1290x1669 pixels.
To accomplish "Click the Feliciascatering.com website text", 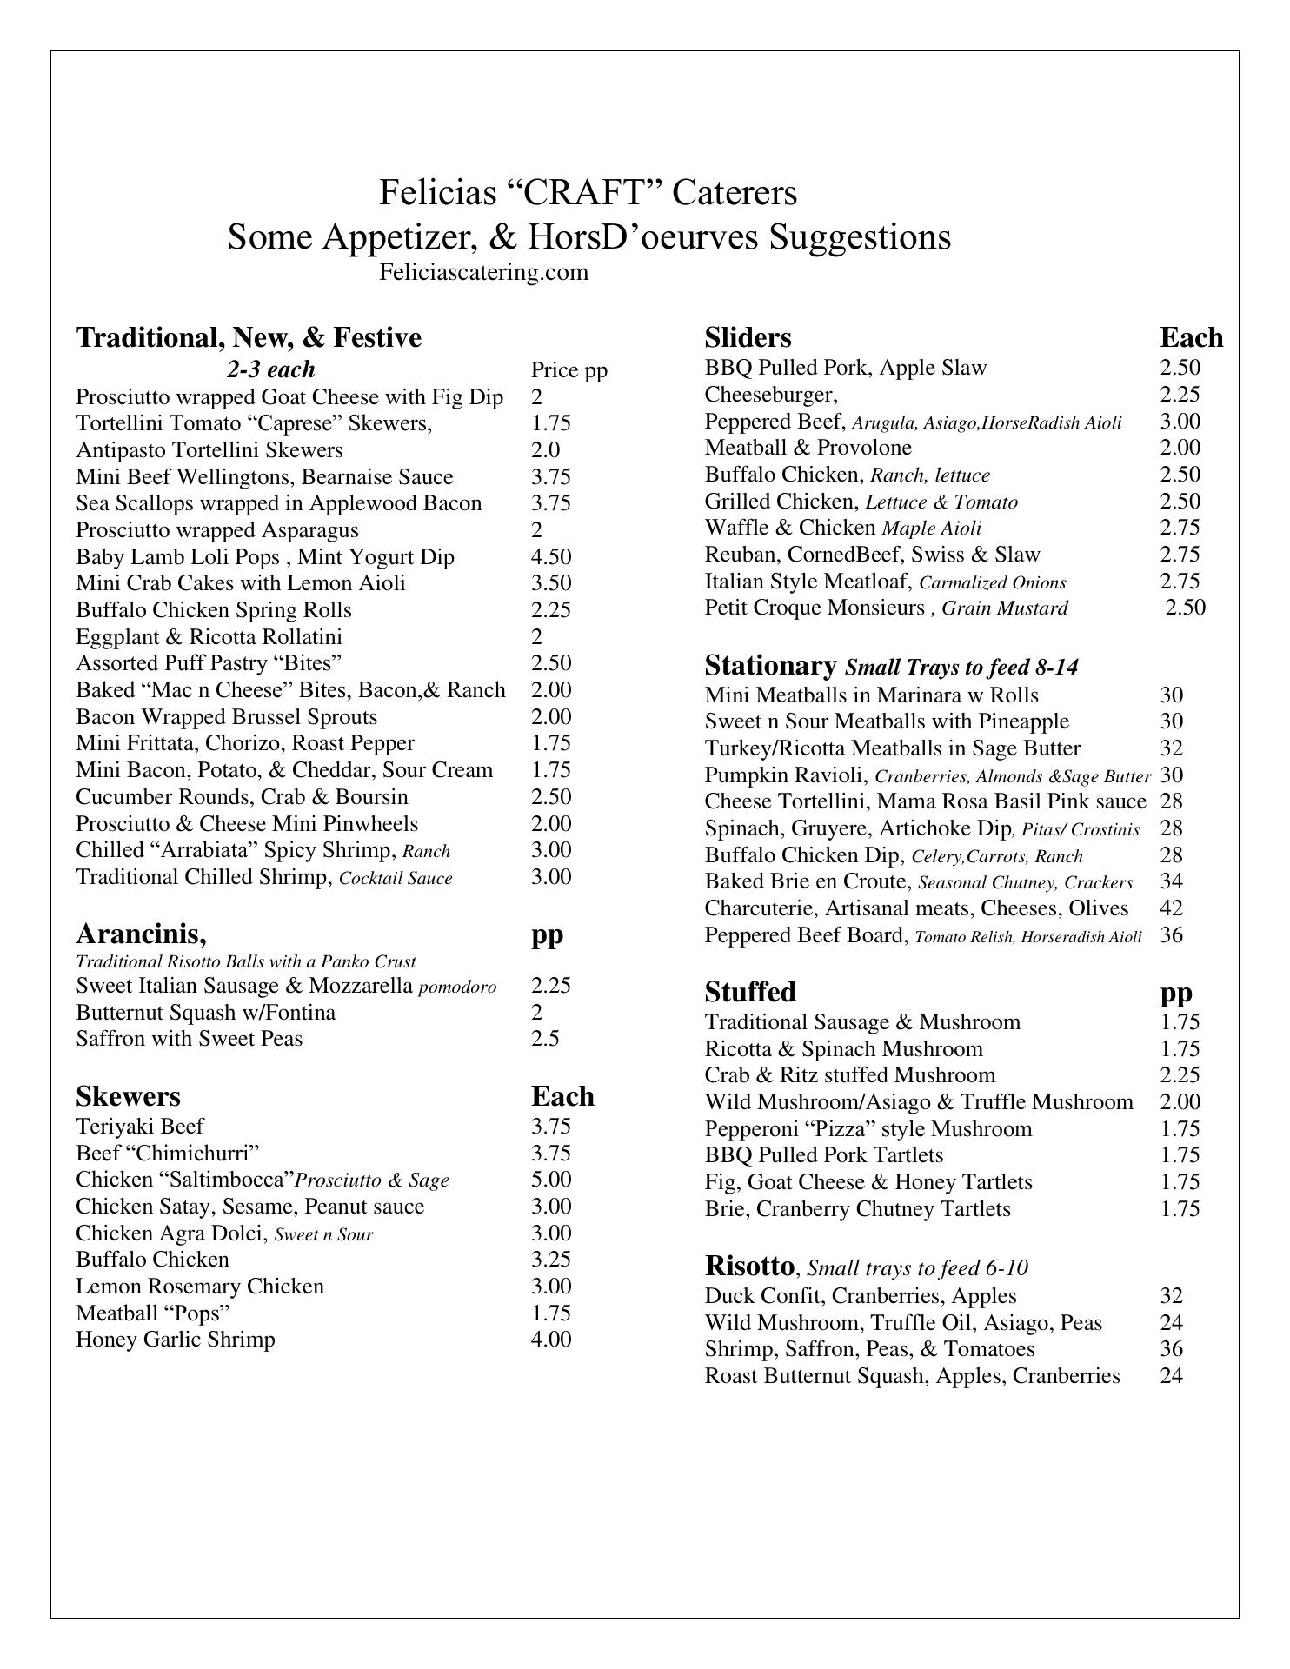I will (x=483, y=273).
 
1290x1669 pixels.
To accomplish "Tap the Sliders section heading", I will (x=748, y=337).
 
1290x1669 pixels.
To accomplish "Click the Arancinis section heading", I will (x=141, y=934).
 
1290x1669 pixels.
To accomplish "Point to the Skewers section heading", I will (x=128, y=1096).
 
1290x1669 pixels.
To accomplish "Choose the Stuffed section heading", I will (x=750, y=992).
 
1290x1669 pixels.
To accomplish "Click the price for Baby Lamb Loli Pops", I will (x=551, y=557).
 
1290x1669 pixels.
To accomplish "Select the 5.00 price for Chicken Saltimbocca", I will (x=551, y=1180).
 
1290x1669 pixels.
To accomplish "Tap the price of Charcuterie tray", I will (x=1171, y=908).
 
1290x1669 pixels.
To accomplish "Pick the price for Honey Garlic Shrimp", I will (x=551, y=1340).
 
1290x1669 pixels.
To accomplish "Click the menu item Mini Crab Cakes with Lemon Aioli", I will (x=241, y=583).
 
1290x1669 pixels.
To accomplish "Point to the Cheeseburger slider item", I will (x=771, y=395).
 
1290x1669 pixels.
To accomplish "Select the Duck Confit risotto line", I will (x=861, y=1296).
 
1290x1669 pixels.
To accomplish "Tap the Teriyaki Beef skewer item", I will (x=140, y=1127).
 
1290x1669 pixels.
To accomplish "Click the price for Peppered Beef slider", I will (x=1180, y=422).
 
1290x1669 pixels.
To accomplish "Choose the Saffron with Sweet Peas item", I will (x=190, y=1039).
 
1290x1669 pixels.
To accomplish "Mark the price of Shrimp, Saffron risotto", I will (x=1171, y=1349).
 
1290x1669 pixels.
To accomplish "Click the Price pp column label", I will (x=569, y=371).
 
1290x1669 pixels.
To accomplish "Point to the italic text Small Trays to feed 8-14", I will (x=961, y=668).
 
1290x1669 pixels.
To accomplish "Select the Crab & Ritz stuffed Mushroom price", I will (x=1180, y=1075).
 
